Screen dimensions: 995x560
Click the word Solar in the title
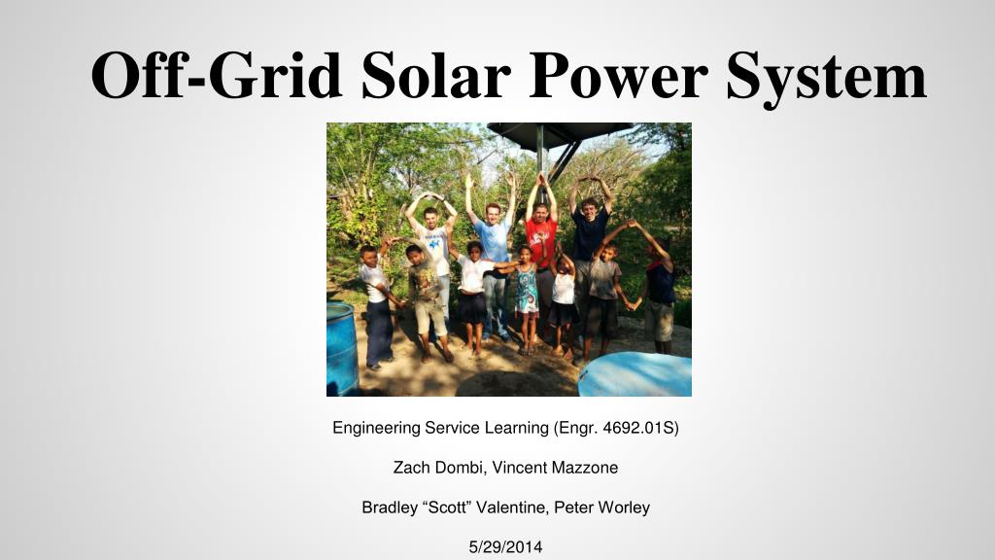point(436,75)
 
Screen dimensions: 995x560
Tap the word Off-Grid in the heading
point(217,75)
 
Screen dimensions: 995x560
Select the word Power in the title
point(619,75)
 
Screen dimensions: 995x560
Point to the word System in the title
point(827,78)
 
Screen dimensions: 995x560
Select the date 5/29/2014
point(505,547)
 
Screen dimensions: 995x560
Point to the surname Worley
point(625,507)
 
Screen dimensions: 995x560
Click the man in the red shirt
point(540,254)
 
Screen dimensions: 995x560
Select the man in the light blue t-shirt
point(492,254)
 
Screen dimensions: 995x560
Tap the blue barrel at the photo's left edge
point(341,349)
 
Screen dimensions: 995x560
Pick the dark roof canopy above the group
point(559,134)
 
